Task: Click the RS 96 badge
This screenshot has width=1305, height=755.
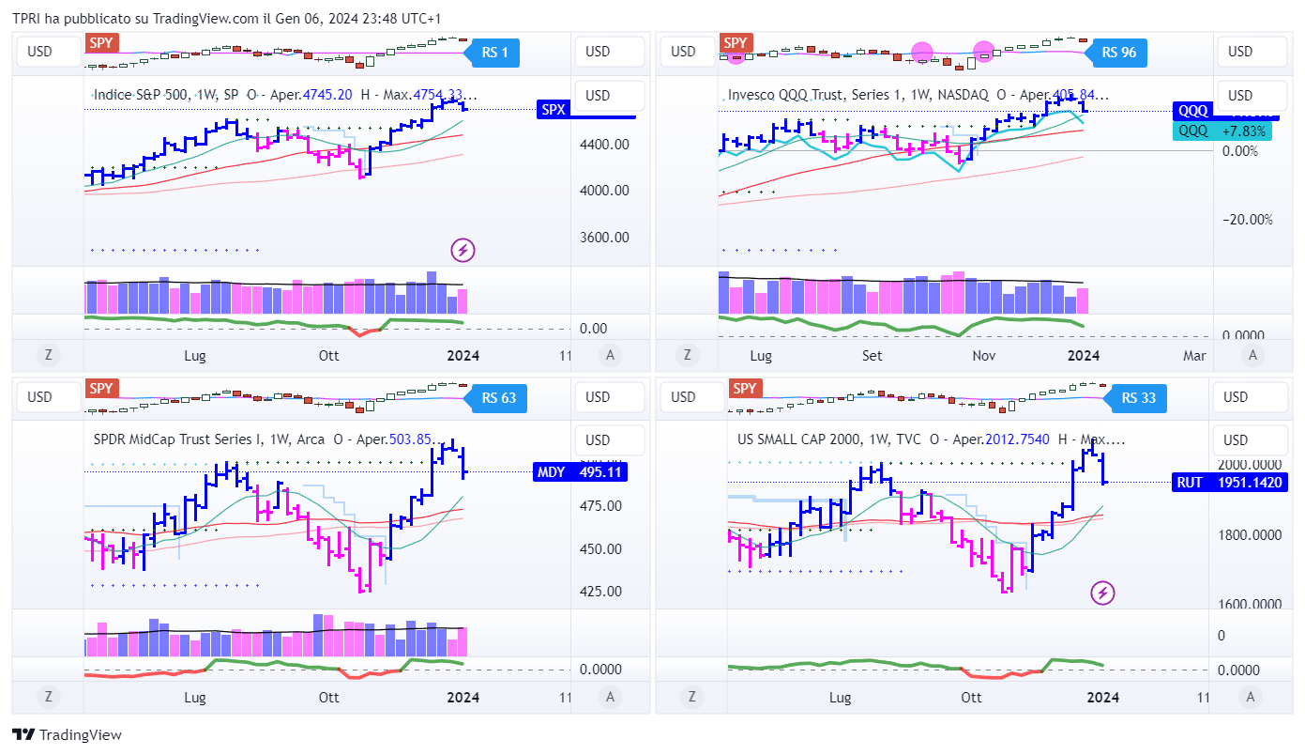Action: click(1119, 53)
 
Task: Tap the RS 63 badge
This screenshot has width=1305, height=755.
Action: click(498, 398)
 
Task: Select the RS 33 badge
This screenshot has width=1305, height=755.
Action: click(1138, 398)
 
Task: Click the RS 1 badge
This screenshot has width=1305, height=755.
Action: click(494, 53)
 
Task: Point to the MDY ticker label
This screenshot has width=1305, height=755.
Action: click(551, 472)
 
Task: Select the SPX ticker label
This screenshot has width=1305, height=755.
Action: click(554, 110)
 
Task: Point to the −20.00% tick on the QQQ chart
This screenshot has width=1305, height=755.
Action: click(1247, 220)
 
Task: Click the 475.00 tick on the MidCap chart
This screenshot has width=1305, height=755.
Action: click(602, 506)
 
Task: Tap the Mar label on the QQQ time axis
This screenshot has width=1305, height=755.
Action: click(1194, 356)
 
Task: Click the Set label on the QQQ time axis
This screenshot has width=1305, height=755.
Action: click(873, 356)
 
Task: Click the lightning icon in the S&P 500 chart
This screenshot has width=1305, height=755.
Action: click(463, 250)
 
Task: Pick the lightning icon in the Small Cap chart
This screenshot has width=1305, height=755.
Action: click(1103, 593)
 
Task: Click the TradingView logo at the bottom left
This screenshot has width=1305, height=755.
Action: click(67, 735)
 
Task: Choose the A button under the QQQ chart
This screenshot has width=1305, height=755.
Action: click(1252, 355)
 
